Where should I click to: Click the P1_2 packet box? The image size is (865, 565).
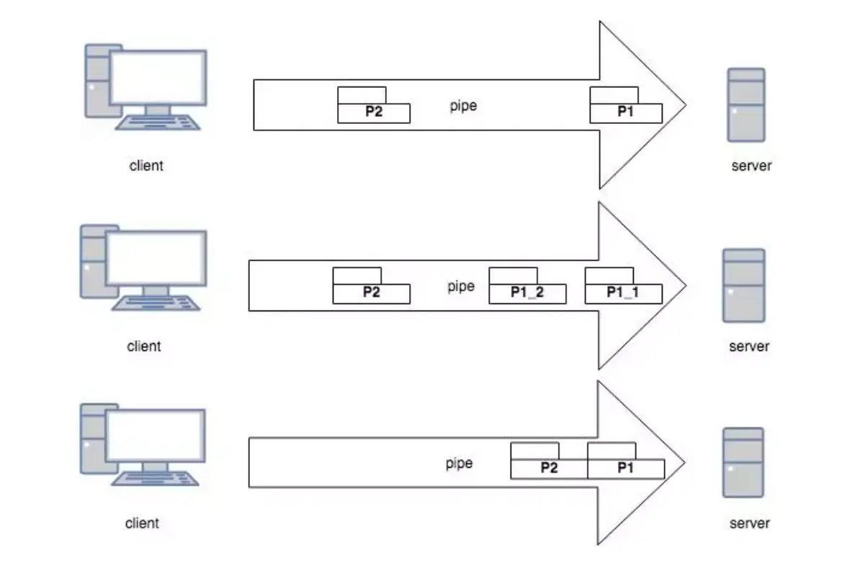[x=527, y=293]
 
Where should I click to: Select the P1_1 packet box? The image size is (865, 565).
[x=623, y=293]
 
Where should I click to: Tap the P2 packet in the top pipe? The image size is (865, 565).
[x=374, y=112]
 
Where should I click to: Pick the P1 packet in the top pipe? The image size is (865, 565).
[x=626, y=112]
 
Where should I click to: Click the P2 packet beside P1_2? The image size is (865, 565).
[x=371, y=293]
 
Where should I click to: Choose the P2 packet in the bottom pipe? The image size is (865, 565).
[x=549, y=468]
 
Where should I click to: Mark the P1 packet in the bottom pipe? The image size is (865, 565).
[x=625, y=468]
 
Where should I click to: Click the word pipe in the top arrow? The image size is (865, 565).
[x=463, y=106]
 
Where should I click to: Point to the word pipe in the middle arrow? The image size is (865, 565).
[x=461, y=286]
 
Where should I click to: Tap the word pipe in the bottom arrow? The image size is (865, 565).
[x=459, y=463]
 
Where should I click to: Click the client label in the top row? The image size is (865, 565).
[x=146, y=165]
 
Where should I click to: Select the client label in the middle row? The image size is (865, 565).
[x=144, y=346]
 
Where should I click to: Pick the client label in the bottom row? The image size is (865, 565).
[x=142, y=522]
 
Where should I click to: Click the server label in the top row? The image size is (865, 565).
[x=751, y=165]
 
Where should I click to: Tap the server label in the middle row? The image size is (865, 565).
[x=749, y=346]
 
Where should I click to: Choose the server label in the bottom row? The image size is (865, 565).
[x=749, y=523]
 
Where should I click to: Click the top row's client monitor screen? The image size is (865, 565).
[x=158, y=76]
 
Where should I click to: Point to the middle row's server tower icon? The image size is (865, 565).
[x=743, y=285]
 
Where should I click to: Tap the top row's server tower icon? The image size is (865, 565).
[x=746, y=105]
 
